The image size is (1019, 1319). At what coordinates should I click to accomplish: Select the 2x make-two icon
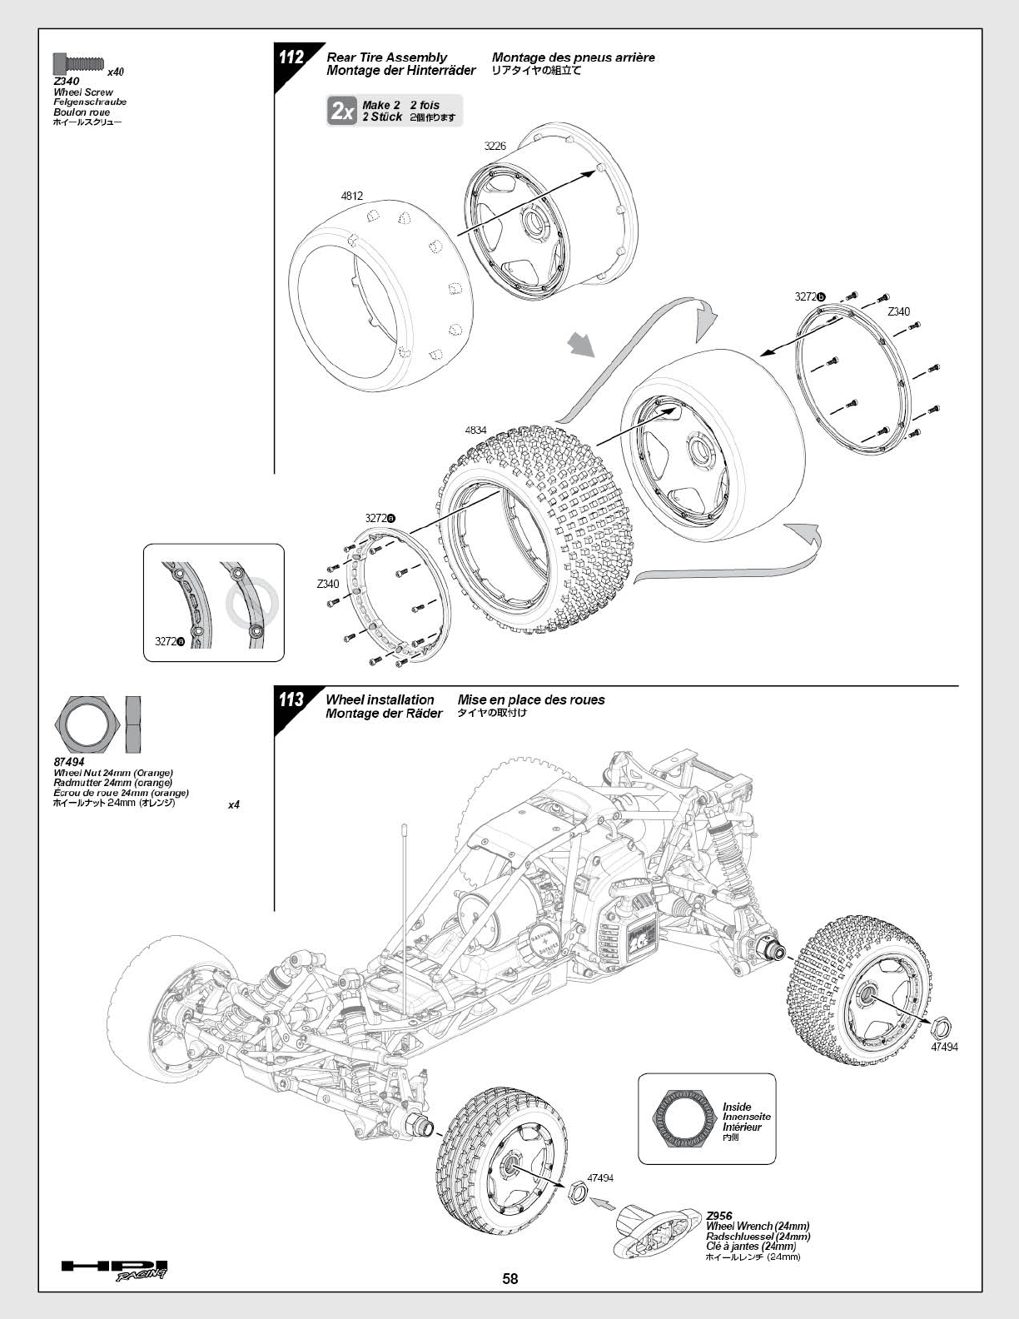tap(341, 111)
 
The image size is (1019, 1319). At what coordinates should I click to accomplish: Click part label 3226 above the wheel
tap(495, 146)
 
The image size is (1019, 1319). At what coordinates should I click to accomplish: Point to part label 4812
tap(352, 196)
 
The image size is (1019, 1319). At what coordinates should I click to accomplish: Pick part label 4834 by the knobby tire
tap(476, 430)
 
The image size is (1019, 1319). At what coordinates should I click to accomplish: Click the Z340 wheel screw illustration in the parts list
tap(79, 62)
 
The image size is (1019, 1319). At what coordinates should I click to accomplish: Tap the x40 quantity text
tap(116, 72)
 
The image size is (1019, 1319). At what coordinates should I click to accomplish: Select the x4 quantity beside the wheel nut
tap(234, 805)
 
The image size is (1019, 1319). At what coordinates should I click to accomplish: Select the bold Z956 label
tap(719, 1211)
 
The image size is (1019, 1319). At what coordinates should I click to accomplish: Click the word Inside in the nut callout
tap(737, 1107)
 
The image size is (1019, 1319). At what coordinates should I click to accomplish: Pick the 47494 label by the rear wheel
tap(944, 1047)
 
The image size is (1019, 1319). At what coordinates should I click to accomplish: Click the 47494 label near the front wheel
tap(600, 1177)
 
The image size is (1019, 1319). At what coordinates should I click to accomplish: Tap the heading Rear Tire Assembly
tap(386, 57)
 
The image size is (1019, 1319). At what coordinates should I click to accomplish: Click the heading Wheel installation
tap(380, 699)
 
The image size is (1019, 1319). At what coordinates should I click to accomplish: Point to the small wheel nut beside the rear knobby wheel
tap(942, 1027)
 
